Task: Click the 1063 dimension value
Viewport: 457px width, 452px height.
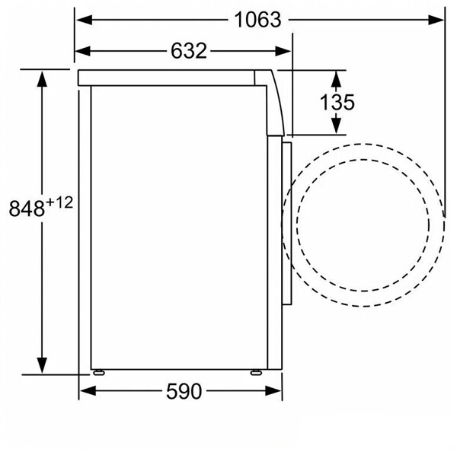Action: pos(257,20)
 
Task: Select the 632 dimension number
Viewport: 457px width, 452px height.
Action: pos(189,51)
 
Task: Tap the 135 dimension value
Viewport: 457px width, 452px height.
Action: pos(337,102)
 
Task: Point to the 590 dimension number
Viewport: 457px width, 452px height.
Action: pos(184,391)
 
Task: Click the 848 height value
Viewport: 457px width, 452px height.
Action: pos(27,208)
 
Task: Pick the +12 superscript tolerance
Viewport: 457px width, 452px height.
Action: pos(59,202)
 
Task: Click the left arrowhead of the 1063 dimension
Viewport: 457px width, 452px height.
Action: pos(85,20)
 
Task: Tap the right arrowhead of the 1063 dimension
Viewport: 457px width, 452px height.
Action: pos(436,20)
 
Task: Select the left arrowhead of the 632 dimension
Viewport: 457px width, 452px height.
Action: pos(83,51)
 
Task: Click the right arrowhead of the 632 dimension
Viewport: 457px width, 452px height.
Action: pos(283,51)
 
